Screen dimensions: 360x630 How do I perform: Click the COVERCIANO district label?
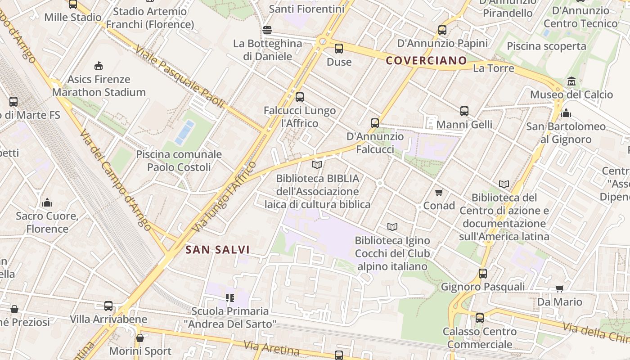click(x=427, y=61)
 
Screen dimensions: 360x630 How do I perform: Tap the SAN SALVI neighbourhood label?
click(x=217, y=250)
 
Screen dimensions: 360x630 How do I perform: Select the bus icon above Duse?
click(x=339, y=49)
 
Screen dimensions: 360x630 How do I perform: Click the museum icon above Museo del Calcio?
click(x=571, y=81)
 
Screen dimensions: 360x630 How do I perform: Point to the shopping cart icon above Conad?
click(x=439, y=193)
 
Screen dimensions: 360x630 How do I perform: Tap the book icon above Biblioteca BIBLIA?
click(x=317, y=165)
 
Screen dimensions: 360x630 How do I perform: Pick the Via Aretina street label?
click(x=271, y=348)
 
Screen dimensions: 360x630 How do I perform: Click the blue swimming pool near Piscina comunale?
click(x=185, y=132)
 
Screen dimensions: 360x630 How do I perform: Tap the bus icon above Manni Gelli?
click(x=464, y=111)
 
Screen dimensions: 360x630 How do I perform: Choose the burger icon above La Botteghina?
click(x=267, y=31)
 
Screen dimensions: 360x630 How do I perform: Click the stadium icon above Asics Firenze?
click(x=99, y=66)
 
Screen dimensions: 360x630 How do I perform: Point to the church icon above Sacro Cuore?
click(x=47, y=203)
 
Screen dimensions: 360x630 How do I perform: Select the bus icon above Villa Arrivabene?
click(x=108, y=306)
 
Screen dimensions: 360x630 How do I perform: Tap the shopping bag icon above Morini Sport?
click(x=140, y=338)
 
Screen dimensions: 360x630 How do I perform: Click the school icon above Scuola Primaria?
click(x=230, y=298)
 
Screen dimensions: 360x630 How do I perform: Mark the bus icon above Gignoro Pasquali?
click(x=483, y=274)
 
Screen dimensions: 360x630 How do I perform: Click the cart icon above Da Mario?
click(x=560, y=288)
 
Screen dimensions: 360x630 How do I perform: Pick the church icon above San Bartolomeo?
click(x=566, y=113)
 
